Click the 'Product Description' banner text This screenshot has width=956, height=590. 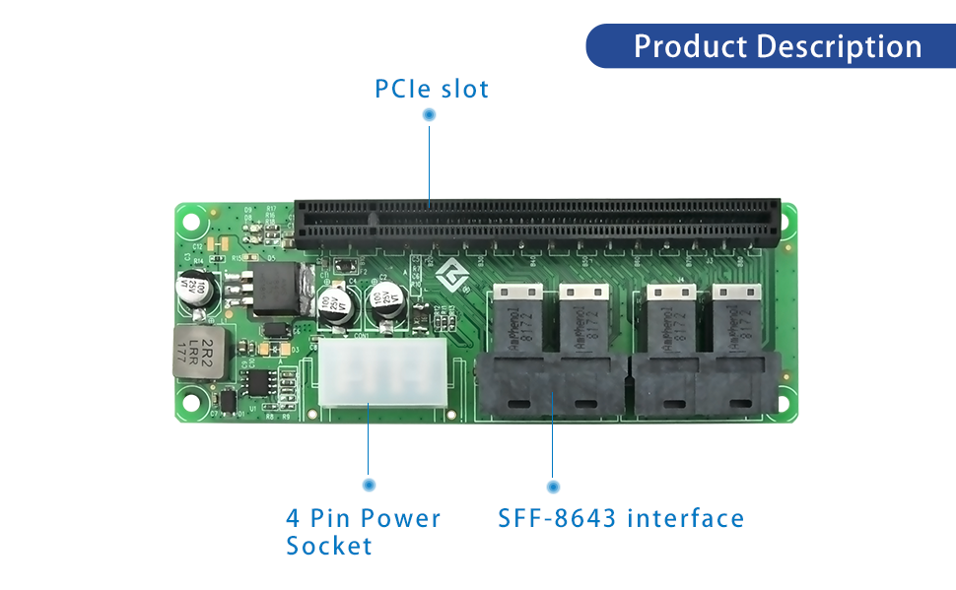point(778,46)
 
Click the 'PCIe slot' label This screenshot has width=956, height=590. point(432,89)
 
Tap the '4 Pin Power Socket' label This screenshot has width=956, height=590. point(363,531)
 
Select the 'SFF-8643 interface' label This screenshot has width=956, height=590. point(621,518)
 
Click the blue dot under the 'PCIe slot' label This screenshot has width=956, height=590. point(429,115)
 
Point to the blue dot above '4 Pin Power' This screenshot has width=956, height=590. point(369,485)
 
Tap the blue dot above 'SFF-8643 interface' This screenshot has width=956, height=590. point(553,487)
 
